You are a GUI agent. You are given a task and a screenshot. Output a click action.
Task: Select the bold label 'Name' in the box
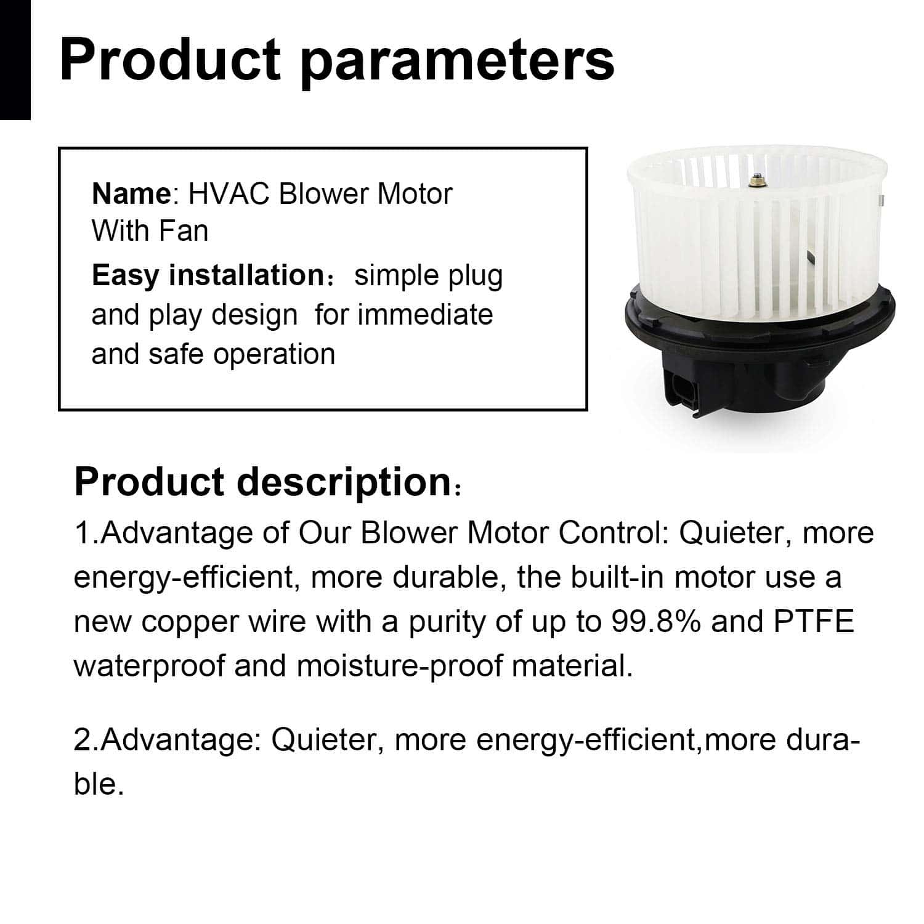131,194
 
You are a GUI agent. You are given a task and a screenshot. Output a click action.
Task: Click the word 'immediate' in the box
425,315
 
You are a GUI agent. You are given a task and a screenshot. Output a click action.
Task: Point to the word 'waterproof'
149,666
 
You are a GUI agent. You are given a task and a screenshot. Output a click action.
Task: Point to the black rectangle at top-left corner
15,59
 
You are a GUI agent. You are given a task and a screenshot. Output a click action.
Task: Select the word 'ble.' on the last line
99,784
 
